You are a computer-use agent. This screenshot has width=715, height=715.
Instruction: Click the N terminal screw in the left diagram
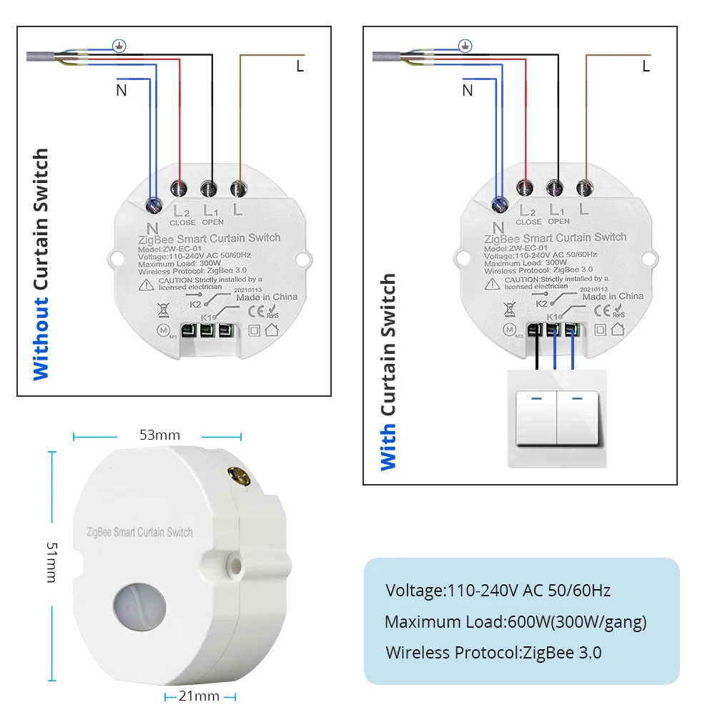click(x=152, y=205)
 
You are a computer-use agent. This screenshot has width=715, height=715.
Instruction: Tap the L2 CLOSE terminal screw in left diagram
click(x=179, y=189)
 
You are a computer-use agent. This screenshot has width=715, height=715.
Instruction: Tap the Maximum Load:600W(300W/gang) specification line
click(x=516, y=622)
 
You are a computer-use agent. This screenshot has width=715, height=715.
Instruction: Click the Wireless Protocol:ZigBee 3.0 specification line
click(x=493, y=652)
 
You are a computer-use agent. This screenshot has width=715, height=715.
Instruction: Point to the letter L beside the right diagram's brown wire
click(x=646, y=66)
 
